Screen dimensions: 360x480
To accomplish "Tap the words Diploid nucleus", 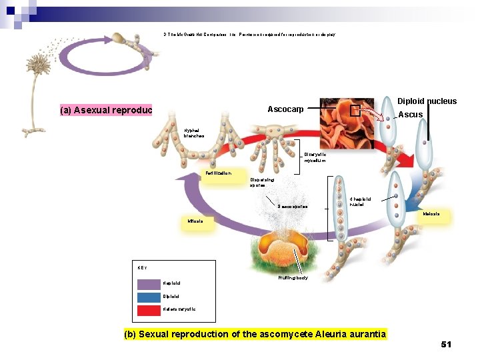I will click(427, 101).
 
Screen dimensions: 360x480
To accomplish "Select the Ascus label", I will click(411, 115).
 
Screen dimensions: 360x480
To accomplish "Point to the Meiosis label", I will click(431, 215).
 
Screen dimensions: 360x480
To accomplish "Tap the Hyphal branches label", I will click(194, 133).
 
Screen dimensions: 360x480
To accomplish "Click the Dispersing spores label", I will click(261, 182).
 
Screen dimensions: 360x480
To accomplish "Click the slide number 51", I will click(446, 345).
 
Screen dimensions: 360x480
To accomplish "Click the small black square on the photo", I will click(355, 111).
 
